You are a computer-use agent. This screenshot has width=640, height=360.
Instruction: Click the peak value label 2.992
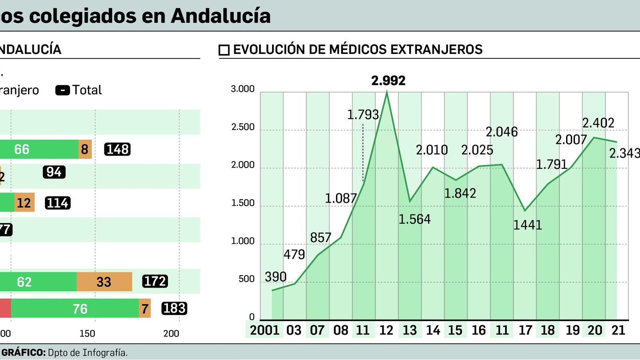[388, 81]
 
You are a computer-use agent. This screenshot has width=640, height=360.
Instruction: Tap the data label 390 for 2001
[276, 277]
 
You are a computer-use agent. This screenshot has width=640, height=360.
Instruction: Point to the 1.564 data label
[414, 219]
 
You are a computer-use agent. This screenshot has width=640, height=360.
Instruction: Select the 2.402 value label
[598, 123]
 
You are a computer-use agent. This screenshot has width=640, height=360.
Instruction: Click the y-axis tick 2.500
[243, 127]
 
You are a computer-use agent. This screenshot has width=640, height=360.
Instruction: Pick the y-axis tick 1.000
[243, 241]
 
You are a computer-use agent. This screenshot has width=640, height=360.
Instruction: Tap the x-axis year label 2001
[264, 330]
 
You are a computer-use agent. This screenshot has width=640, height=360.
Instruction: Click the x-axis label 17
[525, 330]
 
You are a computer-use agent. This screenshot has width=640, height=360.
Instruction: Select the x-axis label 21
[618, 330]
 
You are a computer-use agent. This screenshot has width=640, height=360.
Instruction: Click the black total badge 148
[118, 149]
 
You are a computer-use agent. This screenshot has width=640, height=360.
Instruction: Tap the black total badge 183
[174, 308]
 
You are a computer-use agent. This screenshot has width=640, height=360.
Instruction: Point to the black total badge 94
[54, 172]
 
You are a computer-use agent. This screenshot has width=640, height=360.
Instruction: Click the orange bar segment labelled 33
[104, 282]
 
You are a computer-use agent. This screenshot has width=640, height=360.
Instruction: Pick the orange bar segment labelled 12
[24, 203]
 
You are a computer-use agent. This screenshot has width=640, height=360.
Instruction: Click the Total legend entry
[79, 90]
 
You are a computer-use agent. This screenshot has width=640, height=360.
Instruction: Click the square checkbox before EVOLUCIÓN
[224, 50]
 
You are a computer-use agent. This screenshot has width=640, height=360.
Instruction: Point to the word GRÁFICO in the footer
[23, 353]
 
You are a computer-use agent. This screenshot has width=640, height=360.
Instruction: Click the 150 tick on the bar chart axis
[87, 334]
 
